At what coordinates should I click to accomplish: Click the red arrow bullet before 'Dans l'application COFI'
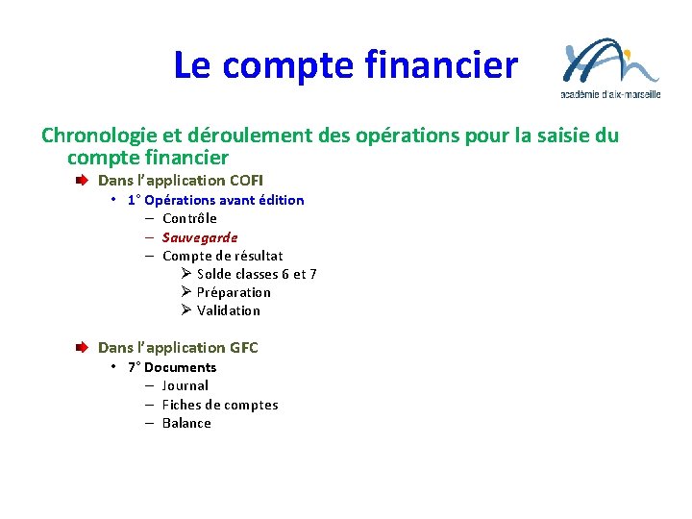pyautogui.click(x=85, y=181)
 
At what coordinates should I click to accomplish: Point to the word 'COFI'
pyautogui.click(x=246, y=181)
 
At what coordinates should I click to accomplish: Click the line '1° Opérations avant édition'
pyautogui.click(x=215, y=200)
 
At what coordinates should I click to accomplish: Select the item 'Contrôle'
pyautogui.click(x=189, y=218)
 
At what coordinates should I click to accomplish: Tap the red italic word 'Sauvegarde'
pyautogui.click(x=199, y=237)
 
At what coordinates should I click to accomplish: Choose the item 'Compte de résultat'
pyautogui.click(x=222, y=256)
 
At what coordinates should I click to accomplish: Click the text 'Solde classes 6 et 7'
pyautogui.click(x=257, y=274)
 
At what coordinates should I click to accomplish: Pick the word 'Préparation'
pyautogui.click(x=234, y=292)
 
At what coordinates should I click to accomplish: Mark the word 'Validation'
pyautogui.click(x=228, y=310)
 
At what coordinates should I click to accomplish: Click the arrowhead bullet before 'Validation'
pyautogui.click(x=186, y=310)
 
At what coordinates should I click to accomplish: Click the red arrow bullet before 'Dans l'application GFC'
pyautogui.click(x=85, y=348)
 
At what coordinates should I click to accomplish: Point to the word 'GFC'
pyautogui.click(x=244, y=348)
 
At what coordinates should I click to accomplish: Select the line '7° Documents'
pyautogui.click(x=171, y=367)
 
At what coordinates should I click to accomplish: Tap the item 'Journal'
pyautogui.click(x=185, y=385)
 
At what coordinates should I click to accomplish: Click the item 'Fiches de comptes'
pyautogui.click(x=219, y=405)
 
